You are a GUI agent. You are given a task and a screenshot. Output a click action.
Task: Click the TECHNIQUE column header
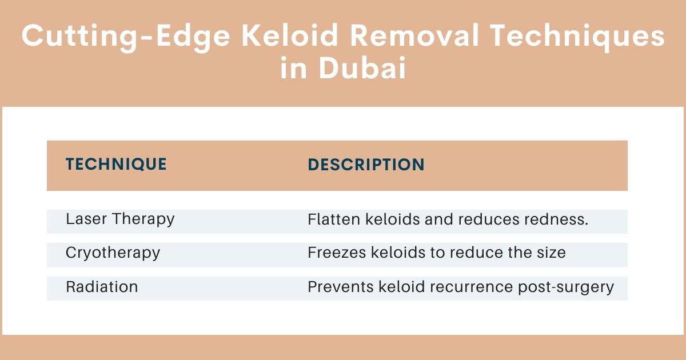coord(116,165)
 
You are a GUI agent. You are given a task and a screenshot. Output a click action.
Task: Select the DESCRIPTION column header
coord(366,165)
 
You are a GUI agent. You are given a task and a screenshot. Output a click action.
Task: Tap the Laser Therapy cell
coord(120,219)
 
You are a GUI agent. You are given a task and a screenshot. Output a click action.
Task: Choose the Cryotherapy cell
coord(113,253)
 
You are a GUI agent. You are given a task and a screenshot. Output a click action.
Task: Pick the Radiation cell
coord(102,286)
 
